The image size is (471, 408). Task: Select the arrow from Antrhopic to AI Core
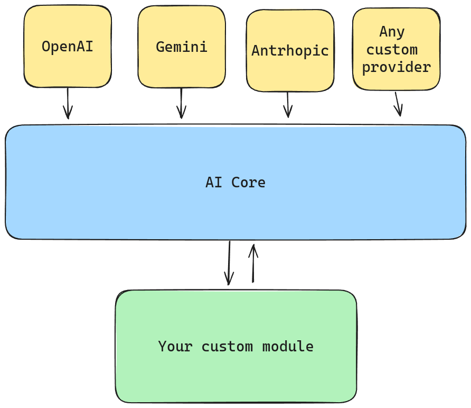[x=288, y=105]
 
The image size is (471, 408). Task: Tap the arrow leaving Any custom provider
[x=398, y=104]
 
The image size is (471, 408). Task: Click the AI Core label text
[x=235, y=183]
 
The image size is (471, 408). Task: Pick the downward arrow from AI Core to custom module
[x=229, y=263]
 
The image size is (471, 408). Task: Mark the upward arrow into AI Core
[x=253, y=263]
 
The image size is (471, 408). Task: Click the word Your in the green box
[x=175, y=347]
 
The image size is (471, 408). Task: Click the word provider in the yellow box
[x=396, y=67]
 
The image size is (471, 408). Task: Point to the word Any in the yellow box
[x=392, y=32]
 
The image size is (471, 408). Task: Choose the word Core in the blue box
[x=248, y=183]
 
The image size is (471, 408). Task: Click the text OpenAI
[x=68, y=47]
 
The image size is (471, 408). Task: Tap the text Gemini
[x=182, y=47]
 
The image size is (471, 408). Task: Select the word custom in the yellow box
[x=392, y=50]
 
